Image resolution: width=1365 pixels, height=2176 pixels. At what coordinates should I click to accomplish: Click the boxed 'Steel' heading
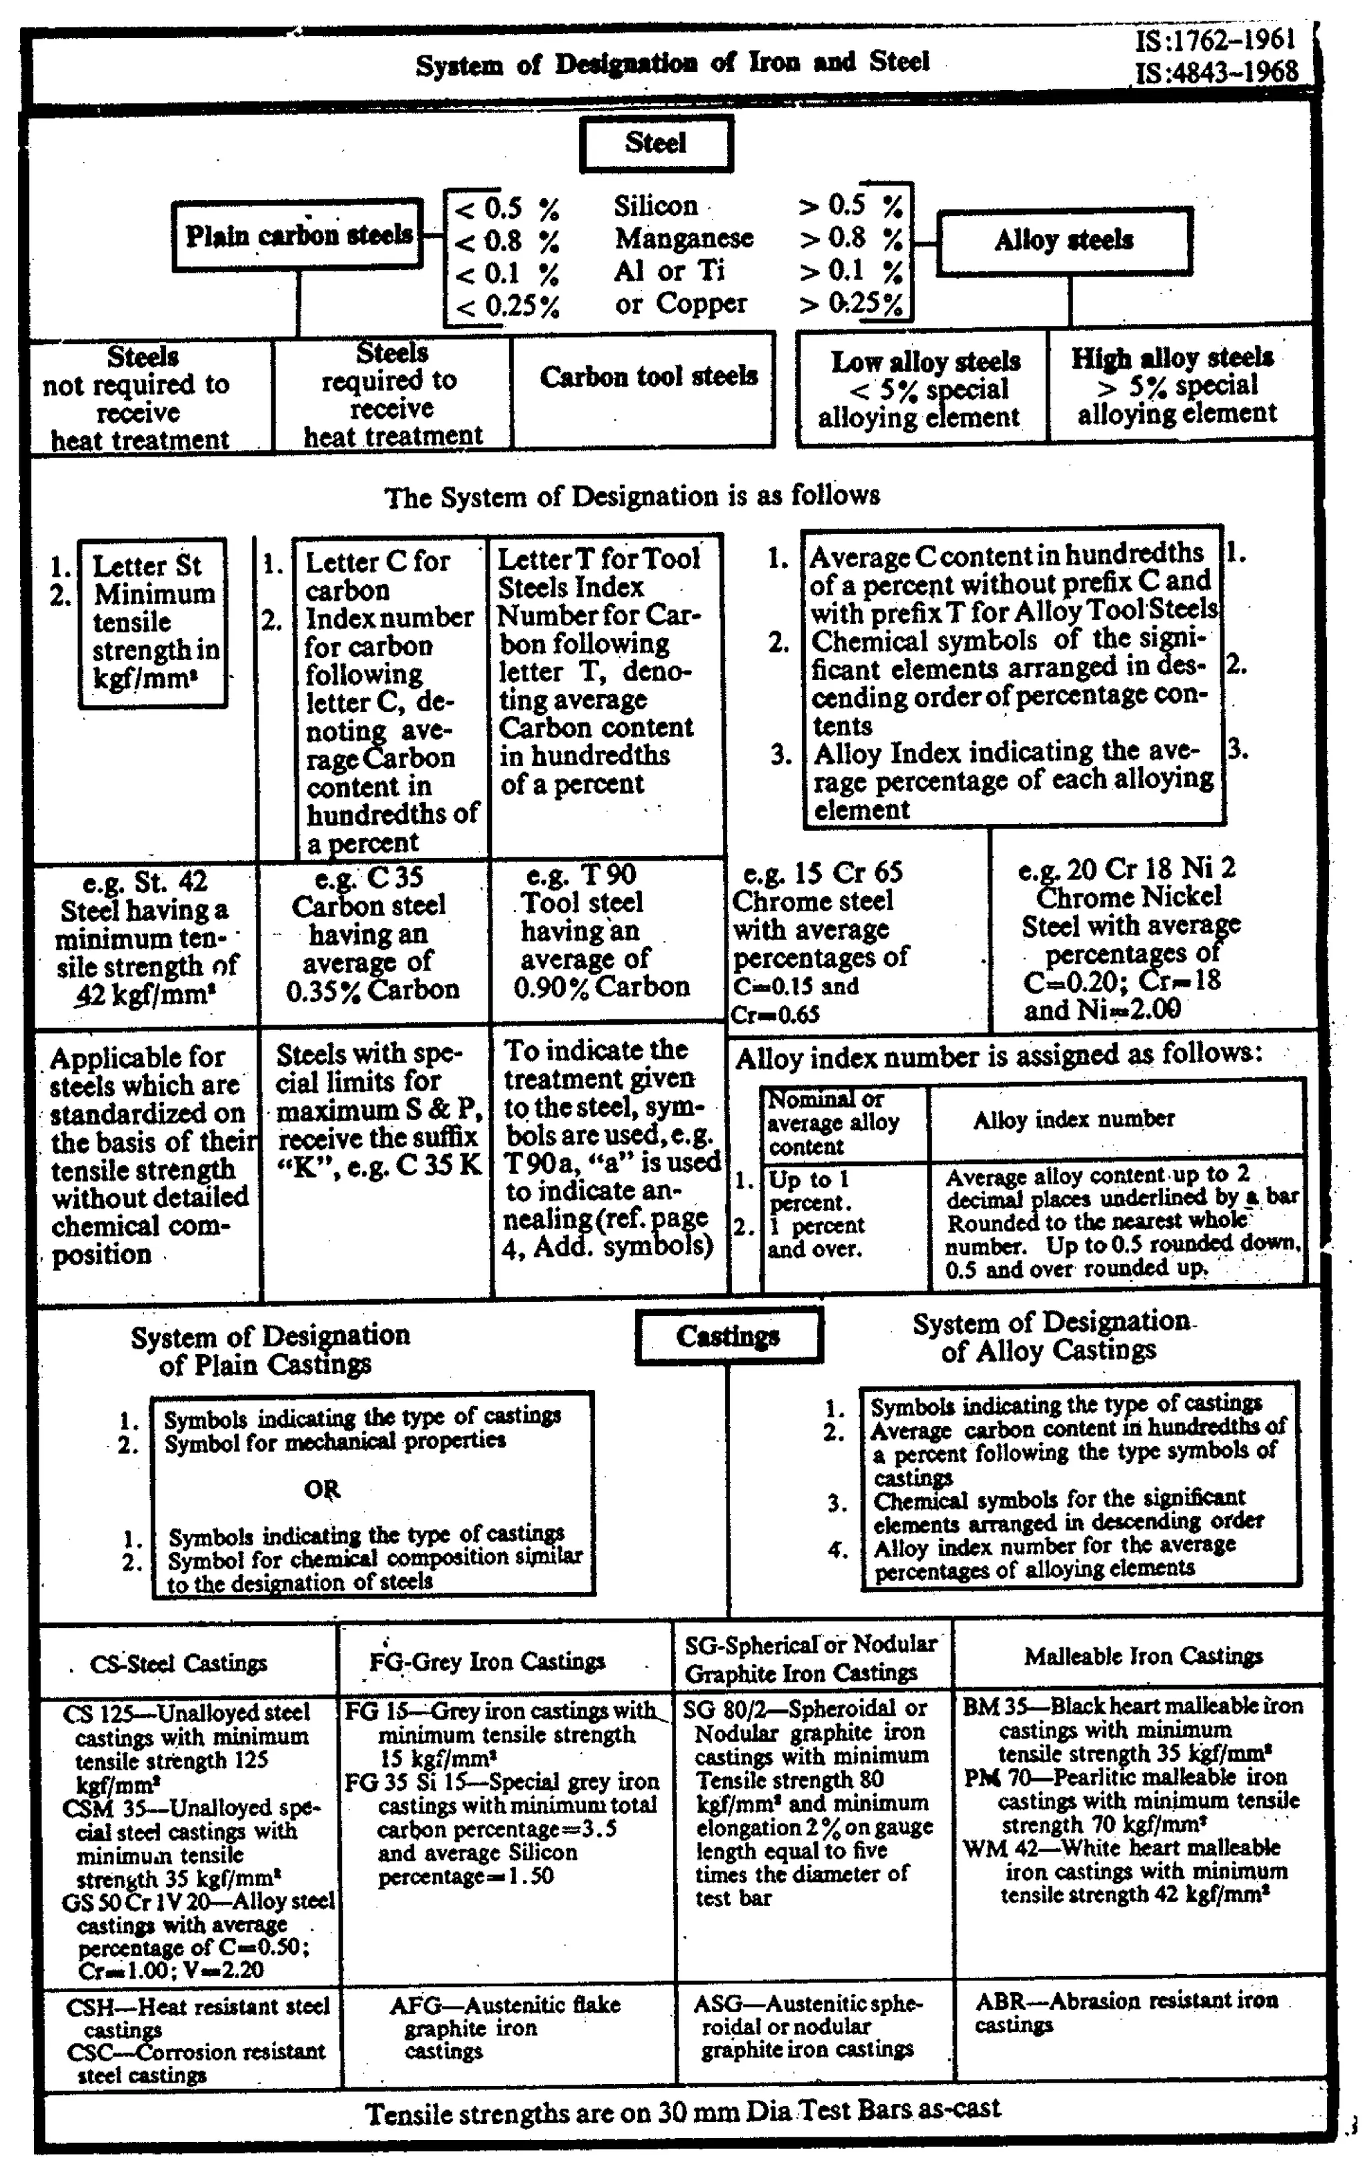coord(655,143)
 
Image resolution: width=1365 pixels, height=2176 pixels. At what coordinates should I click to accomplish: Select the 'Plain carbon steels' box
coord(299,235)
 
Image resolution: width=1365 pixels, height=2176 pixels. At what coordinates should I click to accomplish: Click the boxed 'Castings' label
coord(728,1336)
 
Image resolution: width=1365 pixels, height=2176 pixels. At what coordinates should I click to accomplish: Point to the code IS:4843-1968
coord(1216,72)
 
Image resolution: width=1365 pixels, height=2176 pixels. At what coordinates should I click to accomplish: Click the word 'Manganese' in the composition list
coord(683,239)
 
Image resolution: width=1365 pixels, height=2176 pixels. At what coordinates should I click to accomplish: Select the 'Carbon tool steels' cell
coord(649,377)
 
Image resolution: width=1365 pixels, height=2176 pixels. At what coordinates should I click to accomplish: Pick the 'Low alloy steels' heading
coord(925,362)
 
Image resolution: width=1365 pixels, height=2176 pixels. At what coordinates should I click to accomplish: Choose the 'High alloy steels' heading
coord(1172,359)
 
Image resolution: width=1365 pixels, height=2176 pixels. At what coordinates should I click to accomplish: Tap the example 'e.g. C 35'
coord(369,877)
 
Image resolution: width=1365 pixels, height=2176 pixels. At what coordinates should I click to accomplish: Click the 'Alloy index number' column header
coord(1073,1119)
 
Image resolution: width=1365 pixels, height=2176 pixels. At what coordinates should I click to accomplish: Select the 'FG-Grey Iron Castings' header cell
coord(487,1662)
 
